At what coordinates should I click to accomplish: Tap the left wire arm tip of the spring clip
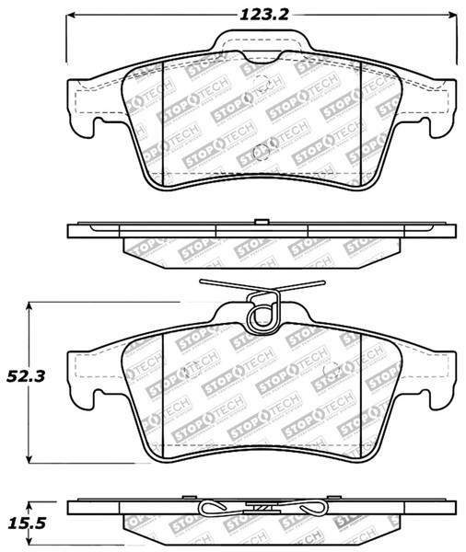201,282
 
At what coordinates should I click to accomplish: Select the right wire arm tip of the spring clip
324,282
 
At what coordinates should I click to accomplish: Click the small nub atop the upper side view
262,221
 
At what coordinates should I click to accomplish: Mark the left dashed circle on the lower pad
191,371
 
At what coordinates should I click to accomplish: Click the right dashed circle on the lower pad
334,371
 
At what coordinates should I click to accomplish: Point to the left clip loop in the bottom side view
214,512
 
